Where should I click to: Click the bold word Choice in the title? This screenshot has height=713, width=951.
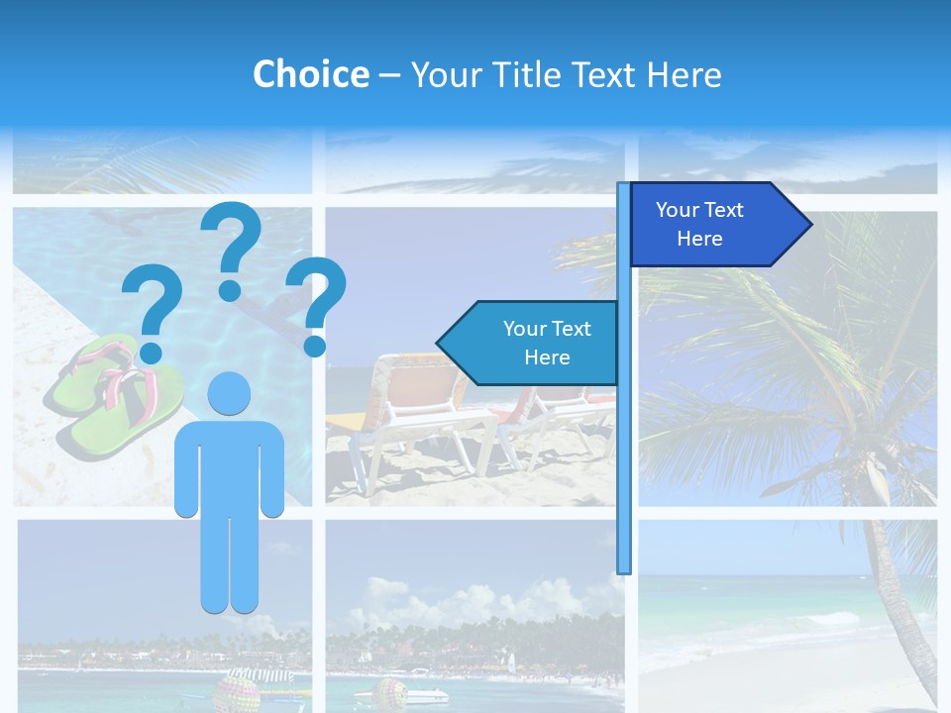coord(310,74)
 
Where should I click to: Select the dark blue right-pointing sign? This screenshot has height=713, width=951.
coord(708,225)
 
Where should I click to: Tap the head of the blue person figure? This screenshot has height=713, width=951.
coord(229,393)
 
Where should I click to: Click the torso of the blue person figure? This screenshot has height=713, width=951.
coord(229,465)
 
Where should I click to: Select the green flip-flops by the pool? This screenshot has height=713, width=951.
coord(114,396)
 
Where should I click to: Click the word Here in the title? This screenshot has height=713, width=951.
coord(684,74)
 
